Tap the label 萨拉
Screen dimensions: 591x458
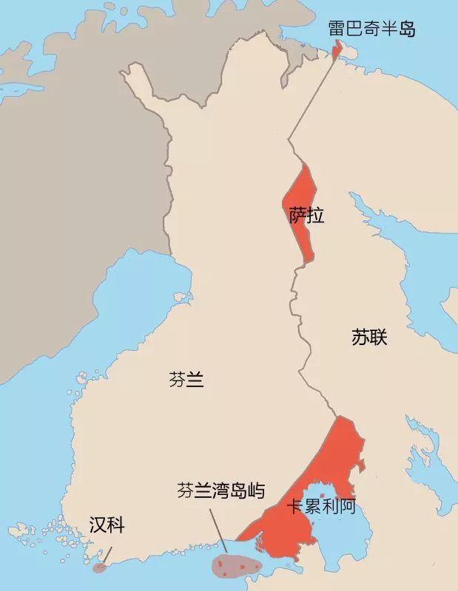(306, 215)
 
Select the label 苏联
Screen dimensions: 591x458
(369, 338)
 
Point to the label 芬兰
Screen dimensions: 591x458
(186, 380)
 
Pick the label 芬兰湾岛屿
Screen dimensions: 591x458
(220, 490)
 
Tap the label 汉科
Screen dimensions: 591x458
(107, 525)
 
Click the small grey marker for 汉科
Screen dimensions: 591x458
(99, 568)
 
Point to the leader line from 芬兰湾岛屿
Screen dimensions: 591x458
(218, 528)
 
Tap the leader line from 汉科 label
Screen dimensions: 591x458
(106, 554)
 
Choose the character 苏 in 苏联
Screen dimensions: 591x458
(360, 338)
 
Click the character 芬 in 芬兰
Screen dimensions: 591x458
(178, 380)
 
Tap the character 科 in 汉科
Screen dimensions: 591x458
(115, 525)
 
